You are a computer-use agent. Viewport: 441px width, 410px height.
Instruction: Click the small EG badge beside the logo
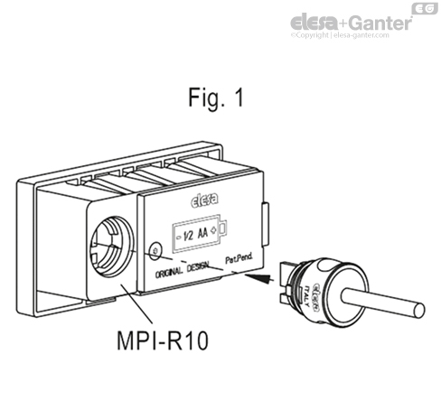(x=422, y=8)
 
